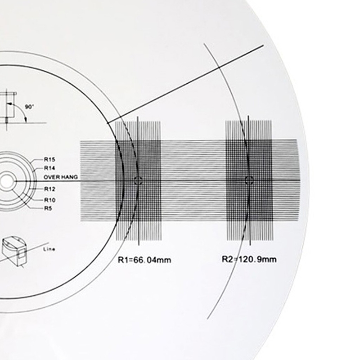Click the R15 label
tap(49, 159)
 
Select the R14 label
tap(49, 168)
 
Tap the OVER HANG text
tap(61, 177)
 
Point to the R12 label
tap(49, 189)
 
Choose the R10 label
tap(49, 200)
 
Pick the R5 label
tap(48, 208)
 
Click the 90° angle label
tap(29, 107)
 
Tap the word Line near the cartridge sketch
tap(49, 249)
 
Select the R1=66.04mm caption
tap(144, 260)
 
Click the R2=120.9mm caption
tap(249, 260)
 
